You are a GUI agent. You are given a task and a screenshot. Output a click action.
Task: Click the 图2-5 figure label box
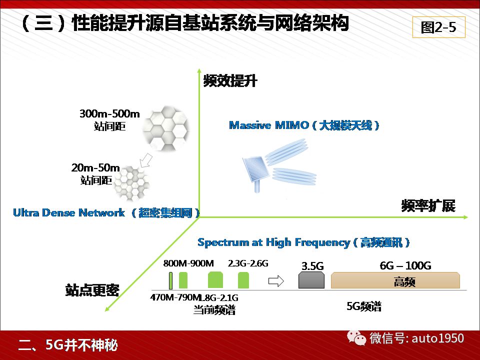click(x=438, y=27)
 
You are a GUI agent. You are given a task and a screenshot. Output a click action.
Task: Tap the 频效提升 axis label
click(x=230, y=81)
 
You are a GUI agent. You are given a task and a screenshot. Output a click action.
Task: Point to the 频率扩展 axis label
click(x=428, y=205)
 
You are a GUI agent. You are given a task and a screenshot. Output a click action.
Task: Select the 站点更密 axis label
click(x=92, y=289)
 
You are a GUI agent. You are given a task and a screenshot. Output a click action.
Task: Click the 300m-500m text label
click(x=109, y=113)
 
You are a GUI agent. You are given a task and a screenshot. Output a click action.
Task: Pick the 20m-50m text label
click(x=95, y=167)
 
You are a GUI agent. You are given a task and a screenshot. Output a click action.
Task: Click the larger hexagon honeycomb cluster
click(x=165, y=128)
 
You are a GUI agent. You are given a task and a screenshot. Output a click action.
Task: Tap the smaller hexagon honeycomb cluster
click(x=131, y=183)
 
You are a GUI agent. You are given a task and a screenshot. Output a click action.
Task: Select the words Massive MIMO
click(x=269, y=125)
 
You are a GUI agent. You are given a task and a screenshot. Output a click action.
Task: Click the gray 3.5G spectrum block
click(x=311, y=280)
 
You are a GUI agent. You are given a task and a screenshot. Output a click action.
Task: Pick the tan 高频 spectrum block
click(x=395, y=280)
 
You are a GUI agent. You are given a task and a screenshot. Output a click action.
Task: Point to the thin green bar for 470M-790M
click(x=170, y=280)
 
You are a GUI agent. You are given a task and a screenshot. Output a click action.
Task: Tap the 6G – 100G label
click(x=405, y=265)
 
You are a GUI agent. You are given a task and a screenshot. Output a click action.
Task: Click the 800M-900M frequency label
click(x=188, y=263)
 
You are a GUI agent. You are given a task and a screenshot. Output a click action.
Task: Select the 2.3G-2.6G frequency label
click(x=248, y=263)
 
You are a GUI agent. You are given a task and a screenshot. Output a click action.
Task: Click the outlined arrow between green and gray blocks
click(x=276, y=280)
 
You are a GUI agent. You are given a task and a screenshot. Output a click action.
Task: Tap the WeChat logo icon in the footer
click(x=356, y=337)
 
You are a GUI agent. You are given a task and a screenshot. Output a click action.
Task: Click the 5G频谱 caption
click(x=364, y=306)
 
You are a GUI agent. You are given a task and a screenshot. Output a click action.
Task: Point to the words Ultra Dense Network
click(x=69, y=212)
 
